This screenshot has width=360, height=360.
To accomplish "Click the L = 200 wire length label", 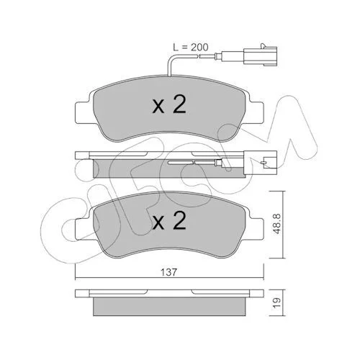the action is tap(191, 48).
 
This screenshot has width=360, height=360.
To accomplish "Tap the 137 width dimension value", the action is tap(169, 272).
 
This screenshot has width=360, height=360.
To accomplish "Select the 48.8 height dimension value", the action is tap(277, 224).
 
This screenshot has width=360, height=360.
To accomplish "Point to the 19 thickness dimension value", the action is tap(277, 303).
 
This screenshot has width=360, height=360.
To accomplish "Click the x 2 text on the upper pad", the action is tap(169, 104).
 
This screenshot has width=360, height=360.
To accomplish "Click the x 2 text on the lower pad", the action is tap(169, 220).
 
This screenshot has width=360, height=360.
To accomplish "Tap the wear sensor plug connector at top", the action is tap(261, 55).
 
